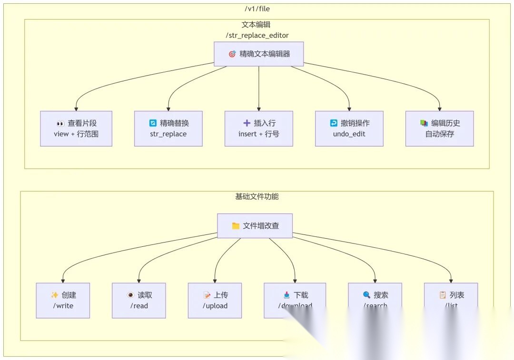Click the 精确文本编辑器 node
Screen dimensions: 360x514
(x=258, y=54)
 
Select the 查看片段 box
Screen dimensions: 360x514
(x=76, y=128)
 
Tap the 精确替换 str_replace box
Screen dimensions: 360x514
(x=168, y=128)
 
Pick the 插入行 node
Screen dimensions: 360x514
(x=258, y=128)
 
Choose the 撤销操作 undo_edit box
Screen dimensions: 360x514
(x=349, y=128)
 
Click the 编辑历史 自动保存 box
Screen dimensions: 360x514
(x=439, y=128)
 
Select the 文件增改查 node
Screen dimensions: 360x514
(x=255, y=225)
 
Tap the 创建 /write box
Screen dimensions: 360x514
(x=63, y=300)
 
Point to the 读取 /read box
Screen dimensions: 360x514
(x=139, y=300)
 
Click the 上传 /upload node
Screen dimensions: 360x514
(x=215, y=300)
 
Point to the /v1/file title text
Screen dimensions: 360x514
(x=257, y=9)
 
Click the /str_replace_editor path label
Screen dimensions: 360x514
(x=257, y=35)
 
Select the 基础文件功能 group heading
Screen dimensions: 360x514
(x=257, y=196)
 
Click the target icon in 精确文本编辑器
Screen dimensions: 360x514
(x=232, y=54)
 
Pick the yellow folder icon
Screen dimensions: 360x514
(x=236, y=226)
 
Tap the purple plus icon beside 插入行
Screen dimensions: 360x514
(x=247, y=123)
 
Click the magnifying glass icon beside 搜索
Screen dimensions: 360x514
(x=366, y=295)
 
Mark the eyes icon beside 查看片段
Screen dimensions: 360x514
(x=60, y=123)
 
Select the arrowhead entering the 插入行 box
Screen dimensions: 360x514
(x=259, y=109)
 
